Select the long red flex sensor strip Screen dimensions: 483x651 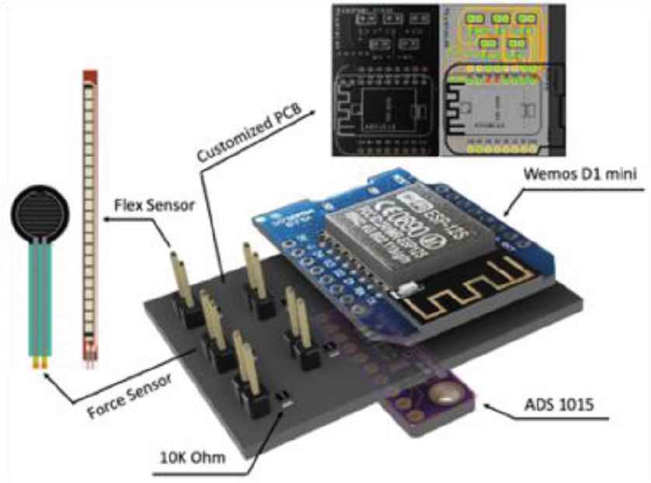click(91, 210)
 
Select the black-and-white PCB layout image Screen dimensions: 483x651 click(385, 78)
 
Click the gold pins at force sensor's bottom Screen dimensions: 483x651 click(37, 360)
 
